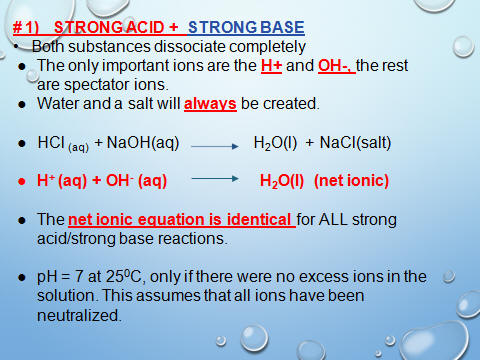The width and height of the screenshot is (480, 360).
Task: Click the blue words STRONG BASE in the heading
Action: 246,27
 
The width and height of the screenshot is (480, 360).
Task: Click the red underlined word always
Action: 210,104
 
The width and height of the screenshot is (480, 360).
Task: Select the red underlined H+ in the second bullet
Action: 271,65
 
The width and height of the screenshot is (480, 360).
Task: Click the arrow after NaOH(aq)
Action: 215,146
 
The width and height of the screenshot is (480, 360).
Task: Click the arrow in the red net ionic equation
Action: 215,179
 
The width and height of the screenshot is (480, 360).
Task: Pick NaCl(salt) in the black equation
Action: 355,143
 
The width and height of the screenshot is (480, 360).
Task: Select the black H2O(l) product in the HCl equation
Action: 275,143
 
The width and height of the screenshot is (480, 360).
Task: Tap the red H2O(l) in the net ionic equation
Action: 282,181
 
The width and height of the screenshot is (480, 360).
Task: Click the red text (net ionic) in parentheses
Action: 351,181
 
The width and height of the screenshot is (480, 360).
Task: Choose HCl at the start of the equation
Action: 51,143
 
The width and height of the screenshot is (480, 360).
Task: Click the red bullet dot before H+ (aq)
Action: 22,182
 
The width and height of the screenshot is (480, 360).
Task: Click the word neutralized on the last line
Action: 79,315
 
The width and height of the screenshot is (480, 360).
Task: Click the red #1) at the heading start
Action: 26,27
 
